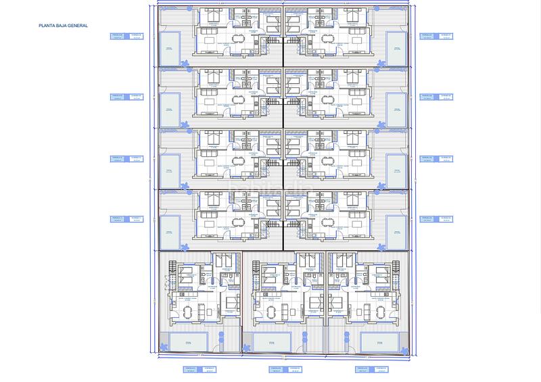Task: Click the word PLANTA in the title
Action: pos(49,26)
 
